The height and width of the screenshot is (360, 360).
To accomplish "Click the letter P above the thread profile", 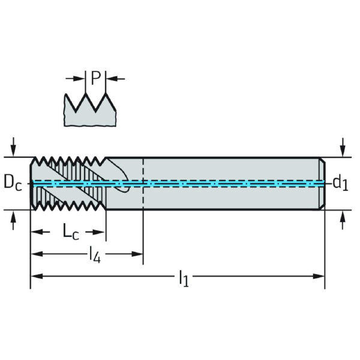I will [x=95, y=77].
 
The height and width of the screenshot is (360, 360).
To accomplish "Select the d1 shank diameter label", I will [x=340, y=182].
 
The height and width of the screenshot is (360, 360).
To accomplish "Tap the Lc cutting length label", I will [x=71, y=231].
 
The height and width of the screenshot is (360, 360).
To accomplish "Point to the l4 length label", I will [x=94, y=254].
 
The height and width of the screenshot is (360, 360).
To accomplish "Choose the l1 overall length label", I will [x=183, y=277].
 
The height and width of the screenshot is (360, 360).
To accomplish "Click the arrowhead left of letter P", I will [x=82, y=78].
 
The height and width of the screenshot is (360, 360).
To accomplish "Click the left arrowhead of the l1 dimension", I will [x=35, y=277].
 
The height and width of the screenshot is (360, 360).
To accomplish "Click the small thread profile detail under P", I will [x=89, y=111].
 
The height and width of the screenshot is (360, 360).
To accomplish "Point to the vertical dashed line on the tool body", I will [x=143, y=198].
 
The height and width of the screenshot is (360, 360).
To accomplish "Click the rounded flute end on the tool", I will [x=124, y=188].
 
